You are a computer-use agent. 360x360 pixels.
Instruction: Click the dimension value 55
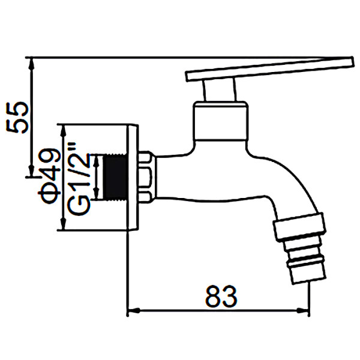(18, 118)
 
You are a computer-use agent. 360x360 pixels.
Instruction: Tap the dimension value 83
(221, 296)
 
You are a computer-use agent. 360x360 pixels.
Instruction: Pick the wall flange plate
(133, 178)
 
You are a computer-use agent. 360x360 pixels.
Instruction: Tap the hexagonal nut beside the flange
(146, 178)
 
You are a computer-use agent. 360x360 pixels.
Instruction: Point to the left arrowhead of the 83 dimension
(132, 311)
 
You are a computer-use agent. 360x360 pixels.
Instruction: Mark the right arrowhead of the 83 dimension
(305, 311)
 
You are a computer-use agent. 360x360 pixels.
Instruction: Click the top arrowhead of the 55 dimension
(31, 62)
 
